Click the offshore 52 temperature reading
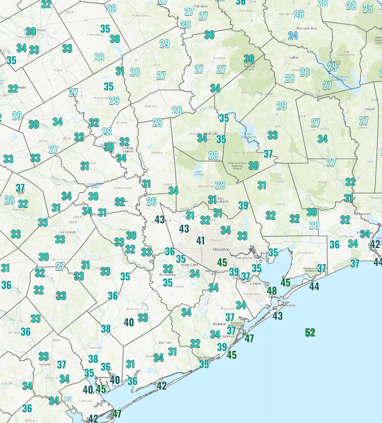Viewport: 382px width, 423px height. (x=310, y=333)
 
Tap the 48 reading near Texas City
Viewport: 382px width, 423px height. (x=272, y=291)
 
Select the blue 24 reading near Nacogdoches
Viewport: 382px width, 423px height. (x=293, y=36)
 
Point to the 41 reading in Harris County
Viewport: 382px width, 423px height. (x=200, y=241)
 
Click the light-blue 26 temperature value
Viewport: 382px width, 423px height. (x=151, y=201)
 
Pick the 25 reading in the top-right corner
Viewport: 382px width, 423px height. (x=368, y=9)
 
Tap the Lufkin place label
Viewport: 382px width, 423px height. (x=294, y=58)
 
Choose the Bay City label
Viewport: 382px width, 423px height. (x=165, y=343)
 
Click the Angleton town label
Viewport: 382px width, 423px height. (x=219, y=324)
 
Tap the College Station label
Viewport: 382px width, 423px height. (x=128, y=149)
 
